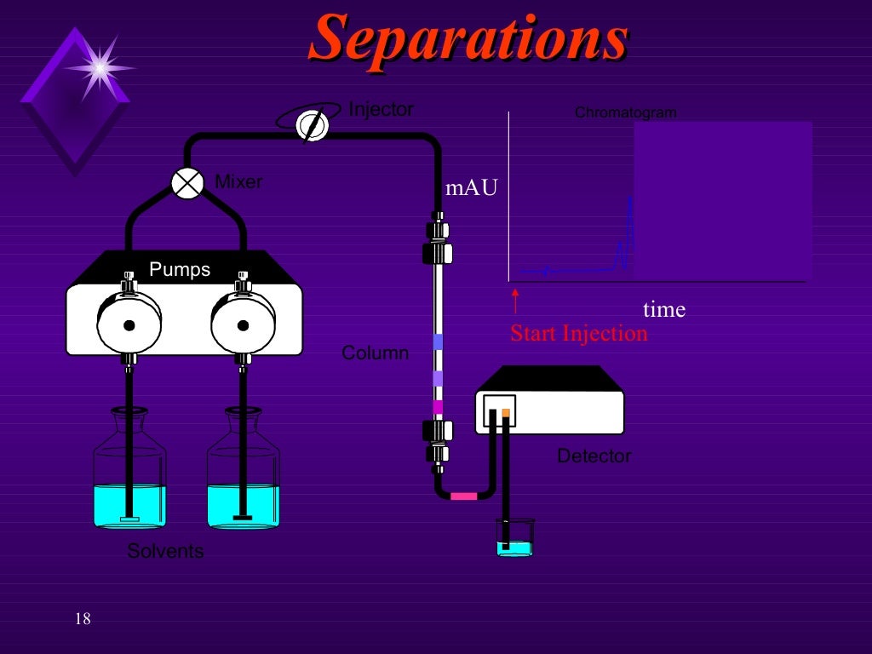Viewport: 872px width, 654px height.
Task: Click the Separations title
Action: (x=468, y=39)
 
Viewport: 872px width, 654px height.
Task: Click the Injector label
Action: (x=381, y=110)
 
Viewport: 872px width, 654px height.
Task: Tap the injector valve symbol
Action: (x=313, y=126)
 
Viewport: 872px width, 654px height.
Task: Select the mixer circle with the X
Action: (x=187, y=182)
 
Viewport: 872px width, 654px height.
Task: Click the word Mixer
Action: (x=238, y=181)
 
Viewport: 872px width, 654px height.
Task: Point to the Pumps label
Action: (x=180, y=270)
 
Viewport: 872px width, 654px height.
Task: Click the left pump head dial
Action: (x=129, y=324)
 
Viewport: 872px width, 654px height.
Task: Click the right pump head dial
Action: (x=243, y=324)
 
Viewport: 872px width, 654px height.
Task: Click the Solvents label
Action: (x=165, y=552)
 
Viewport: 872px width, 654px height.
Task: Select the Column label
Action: (x=375, y=353)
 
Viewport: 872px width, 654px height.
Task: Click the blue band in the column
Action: (x=438, y=342)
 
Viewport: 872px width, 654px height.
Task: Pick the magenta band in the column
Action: (x=438, y=407)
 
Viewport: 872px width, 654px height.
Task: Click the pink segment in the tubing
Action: (x=464, y=496)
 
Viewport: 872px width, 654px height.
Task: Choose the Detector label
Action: (x=594, y=456)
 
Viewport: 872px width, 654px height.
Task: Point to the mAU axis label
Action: (x=471, y=188)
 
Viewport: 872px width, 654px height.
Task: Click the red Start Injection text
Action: (x=579, y=333)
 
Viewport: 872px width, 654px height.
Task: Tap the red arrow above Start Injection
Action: (x=515, y=301)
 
